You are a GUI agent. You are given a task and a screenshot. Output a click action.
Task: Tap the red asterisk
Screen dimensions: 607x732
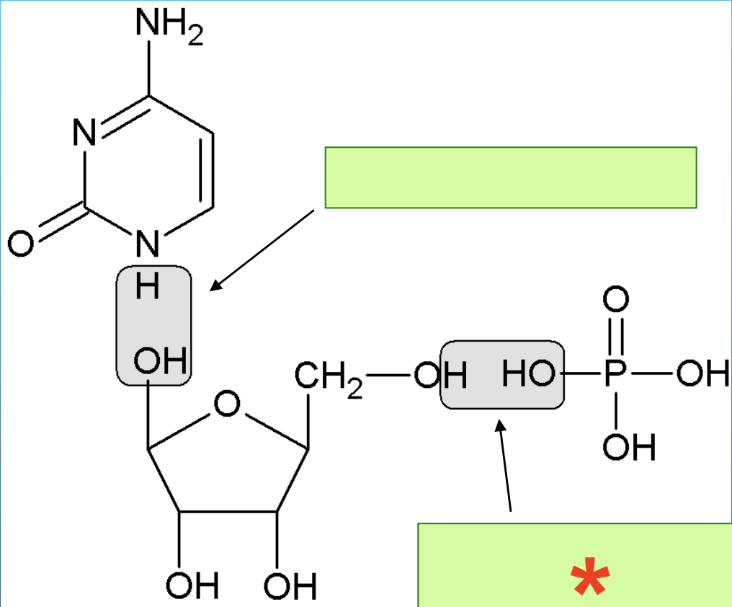[590, 577]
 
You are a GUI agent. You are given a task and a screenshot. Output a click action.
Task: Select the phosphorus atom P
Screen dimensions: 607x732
[615, 373]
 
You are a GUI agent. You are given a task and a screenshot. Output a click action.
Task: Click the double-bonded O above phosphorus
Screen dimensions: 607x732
[615, 299]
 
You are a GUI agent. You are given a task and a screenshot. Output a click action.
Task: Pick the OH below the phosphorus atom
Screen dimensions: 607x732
[630, 448]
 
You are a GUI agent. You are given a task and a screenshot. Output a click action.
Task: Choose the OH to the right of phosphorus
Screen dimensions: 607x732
[702, 373]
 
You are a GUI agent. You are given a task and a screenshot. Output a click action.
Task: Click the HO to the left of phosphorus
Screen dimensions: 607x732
[528, 373]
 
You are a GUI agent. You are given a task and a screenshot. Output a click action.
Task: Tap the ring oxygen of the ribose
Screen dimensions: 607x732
[227, 404]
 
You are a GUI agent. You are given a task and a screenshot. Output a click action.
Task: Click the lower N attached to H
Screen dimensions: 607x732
[147, 245]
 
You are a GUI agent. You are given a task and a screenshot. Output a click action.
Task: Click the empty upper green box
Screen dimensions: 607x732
[510, 177]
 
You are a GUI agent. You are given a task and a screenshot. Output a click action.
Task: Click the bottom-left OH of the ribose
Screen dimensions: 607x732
[192, 587]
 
